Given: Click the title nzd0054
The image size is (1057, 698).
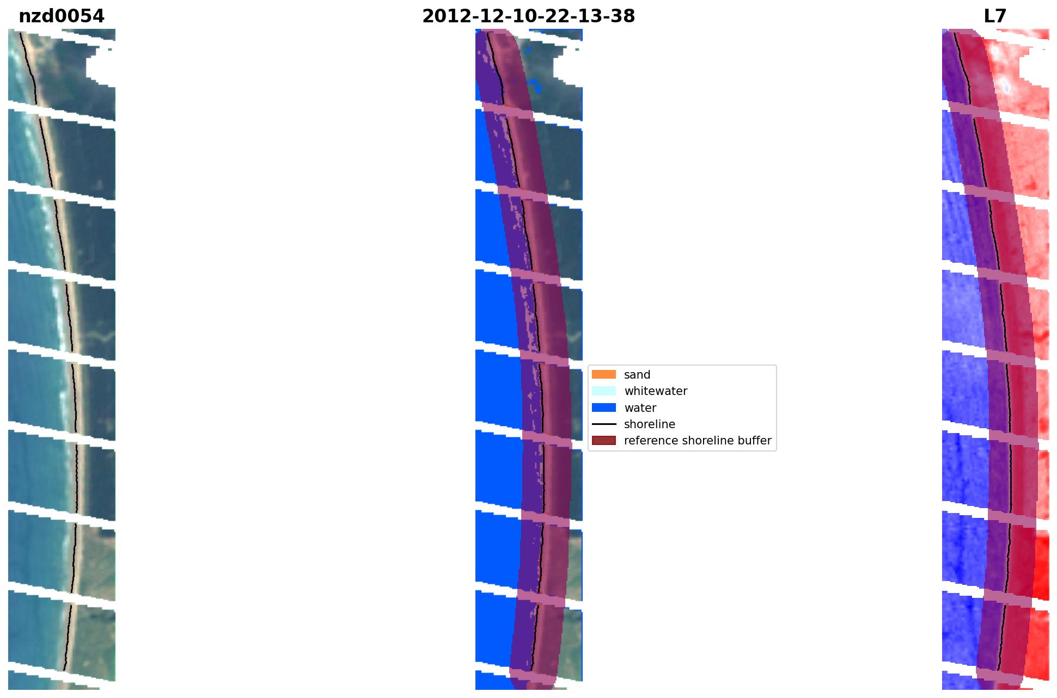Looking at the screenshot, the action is [x=62, y=16].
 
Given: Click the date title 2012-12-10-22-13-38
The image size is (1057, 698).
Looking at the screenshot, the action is [x=528, y=16].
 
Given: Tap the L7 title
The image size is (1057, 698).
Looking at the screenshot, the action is [x=995, y=16].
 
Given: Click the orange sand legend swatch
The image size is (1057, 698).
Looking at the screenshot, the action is [x=603, y=374].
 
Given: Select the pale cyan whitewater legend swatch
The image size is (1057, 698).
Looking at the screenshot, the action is [x=603, y=391].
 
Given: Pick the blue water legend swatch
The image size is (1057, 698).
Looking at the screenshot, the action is [x=603, y=407].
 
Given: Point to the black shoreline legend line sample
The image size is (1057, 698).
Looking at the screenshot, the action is [x=603, y=424].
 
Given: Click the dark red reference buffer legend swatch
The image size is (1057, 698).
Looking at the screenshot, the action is [x=603, y=440].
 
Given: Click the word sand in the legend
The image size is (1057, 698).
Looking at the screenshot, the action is [x=637, y=375].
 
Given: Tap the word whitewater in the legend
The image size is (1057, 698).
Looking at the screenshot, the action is [x=656, y=391].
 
